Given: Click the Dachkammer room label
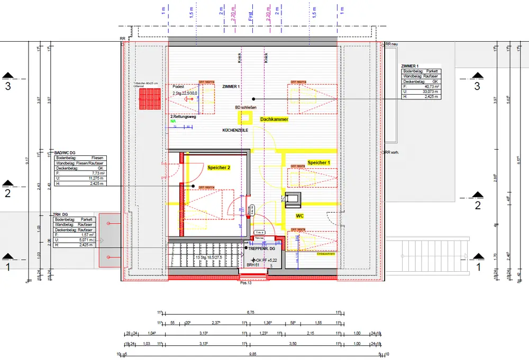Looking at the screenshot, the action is (x=274, y=120).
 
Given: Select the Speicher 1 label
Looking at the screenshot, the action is (x=318, y=163).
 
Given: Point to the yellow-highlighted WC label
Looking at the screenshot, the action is (x=299, y=216).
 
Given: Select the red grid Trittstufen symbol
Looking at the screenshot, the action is (x=149, y=98).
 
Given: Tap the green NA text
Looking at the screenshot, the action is (x=172, y=121).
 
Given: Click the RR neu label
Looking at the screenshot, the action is (x=391, y=44).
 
